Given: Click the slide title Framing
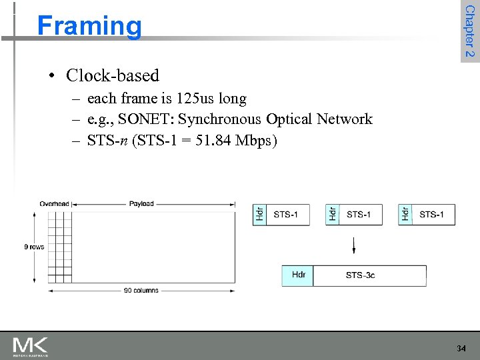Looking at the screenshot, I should coord(89,26).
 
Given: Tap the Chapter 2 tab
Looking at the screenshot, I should coord(469,31).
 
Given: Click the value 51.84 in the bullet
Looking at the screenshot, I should coord(212,141).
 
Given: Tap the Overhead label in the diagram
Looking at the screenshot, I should coord(54,204).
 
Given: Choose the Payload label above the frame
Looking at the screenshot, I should coord(141,204).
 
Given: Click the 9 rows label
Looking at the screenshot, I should coord(34,247).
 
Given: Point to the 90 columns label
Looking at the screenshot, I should coord(141,291).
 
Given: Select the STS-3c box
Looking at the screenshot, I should coord(369,275).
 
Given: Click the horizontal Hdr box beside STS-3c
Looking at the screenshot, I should coord(297,275).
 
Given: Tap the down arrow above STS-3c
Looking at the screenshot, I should coord(354,245).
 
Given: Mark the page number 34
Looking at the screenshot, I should coord(461,349).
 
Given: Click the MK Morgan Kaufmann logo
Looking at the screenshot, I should coord(30,347).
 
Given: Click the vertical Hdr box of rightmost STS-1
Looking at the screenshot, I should coord(405,215).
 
